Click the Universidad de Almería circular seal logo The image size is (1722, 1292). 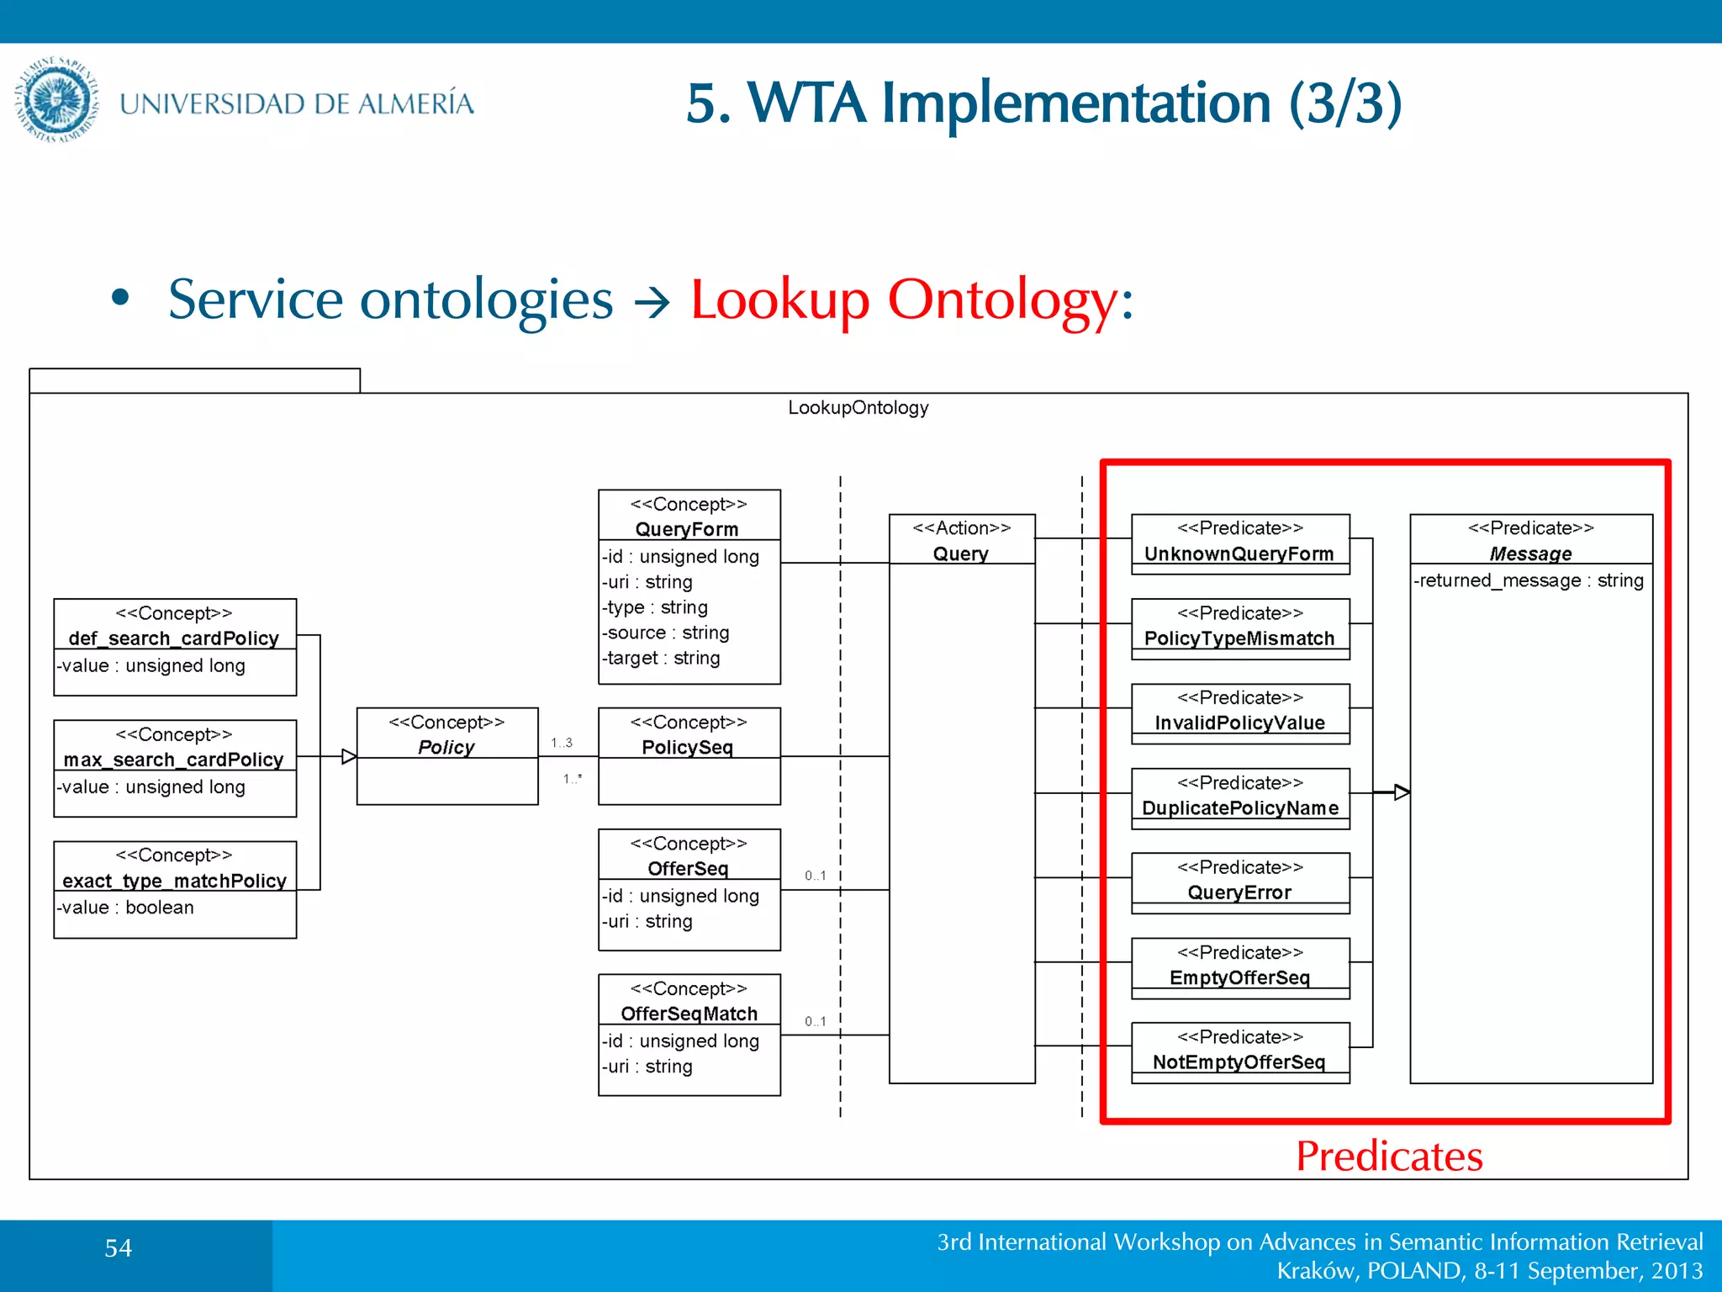(x=57, y=99)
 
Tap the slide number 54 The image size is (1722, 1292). (x=118, y=1248)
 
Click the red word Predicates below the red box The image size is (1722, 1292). (x=1389, y=1157)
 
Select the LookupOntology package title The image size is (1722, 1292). (x=858, y=408)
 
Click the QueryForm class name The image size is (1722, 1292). (x=687, y=529)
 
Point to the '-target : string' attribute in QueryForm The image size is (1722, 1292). (x=662, y=658)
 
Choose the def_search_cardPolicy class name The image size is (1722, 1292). (x=174, y=638)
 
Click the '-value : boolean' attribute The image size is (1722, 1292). (x=126, y=908)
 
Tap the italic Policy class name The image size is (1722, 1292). (x=446, y=747)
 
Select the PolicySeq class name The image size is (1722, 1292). (x=687, y=747)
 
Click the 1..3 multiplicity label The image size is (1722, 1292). (x=562, y=743)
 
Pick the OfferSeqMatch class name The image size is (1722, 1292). (x=689, y=1014)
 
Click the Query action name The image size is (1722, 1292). (x=961, y=553)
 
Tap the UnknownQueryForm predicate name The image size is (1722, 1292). (x=1239, y=553)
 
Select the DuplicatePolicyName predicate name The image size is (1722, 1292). (x=1239, y=807)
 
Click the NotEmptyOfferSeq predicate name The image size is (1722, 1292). (x=1239, y=1062)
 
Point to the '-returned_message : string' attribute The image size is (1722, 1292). (x=1529, y=580)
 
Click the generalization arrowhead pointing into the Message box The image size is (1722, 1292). (x=1402, y=792)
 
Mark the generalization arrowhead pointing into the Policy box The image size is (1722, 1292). (x=349, y=757)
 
